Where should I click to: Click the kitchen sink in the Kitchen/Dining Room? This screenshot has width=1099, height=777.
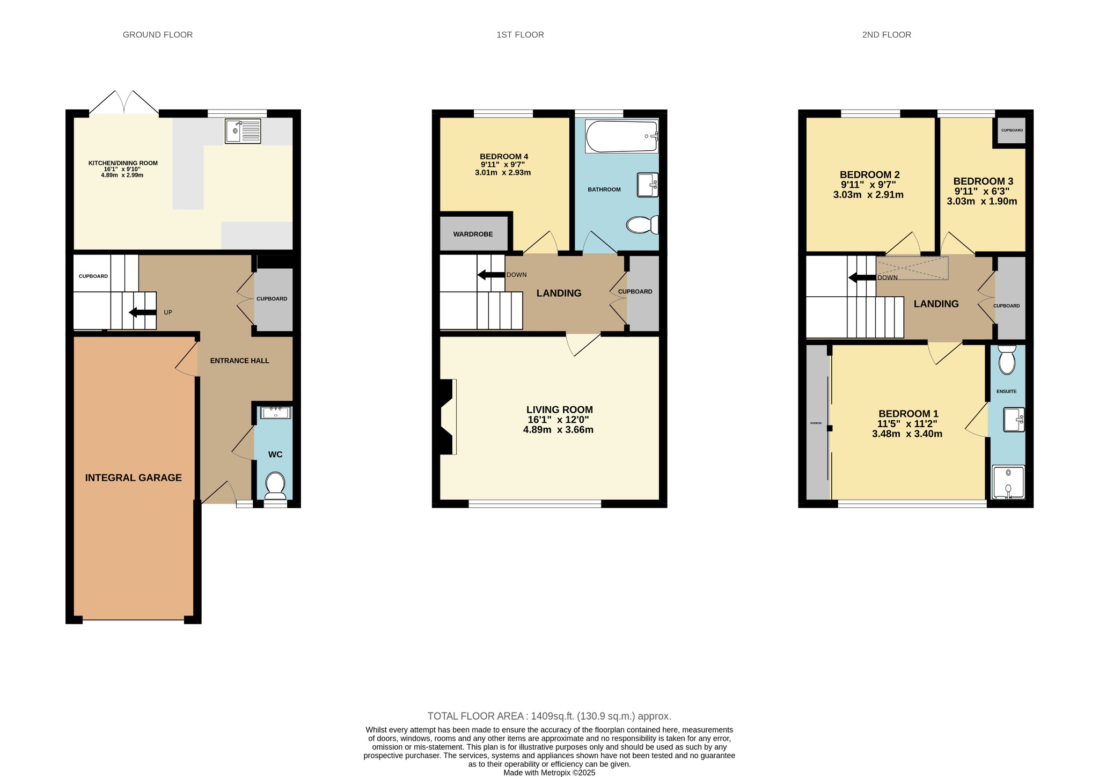pos(243,131)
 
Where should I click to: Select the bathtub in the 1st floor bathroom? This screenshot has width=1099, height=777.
pos(621,136)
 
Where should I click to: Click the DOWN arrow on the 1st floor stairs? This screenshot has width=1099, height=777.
pos(490,275)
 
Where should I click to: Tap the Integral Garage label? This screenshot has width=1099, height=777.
pos(133,478)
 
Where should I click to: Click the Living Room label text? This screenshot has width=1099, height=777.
pos(559,410)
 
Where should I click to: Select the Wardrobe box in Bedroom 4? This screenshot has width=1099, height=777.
pos(473,234)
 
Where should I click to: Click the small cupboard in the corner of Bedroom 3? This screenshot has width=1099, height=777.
pos(1012,130)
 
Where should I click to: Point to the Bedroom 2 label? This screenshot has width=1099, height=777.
pos(869,175)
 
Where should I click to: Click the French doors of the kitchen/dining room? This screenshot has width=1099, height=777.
pos(124,103)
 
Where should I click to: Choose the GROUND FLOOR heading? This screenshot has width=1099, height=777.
pos(157,35)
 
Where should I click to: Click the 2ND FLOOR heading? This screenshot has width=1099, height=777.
pos(886,35)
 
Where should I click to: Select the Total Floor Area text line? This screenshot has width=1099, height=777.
pos(549,716)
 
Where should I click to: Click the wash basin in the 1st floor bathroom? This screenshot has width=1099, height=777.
pos(647,185)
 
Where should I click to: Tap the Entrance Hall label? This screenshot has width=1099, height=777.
pos(239,361)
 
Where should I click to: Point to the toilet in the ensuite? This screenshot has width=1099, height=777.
pos(1007,360)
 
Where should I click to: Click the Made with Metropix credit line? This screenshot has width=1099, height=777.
pos(549,773)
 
